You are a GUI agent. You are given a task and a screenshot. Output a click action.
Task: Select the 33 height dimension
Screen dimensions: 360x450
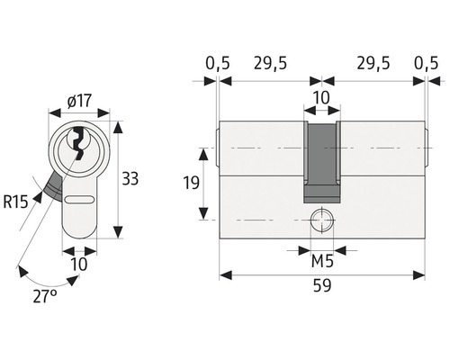[x=130, y=178]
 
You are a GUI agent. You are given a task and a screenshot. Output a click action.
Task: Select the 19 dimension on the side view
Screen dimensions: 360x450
[x=191, y=183]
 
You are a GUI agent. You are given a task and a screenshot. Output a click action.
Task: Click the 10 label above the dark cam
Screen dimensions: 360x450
[x=321, y=98]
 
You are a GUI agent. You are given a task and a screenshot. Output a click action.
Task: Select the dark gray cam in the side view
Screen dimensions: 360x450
[x=322, y=162]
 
